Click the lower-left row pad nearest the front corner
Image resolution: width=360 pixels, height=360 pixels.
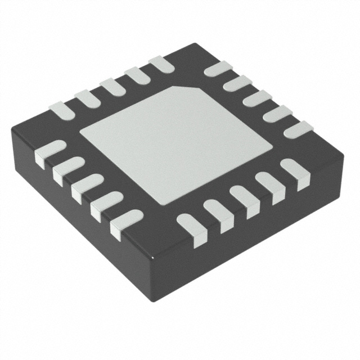(x=125, y=222)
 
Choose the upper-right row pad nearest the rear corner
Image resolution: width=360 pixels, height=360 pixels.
(x=218, y=69)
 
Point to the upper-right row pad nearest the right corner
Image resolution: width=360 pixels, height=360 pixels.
(x=298, y=129)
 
